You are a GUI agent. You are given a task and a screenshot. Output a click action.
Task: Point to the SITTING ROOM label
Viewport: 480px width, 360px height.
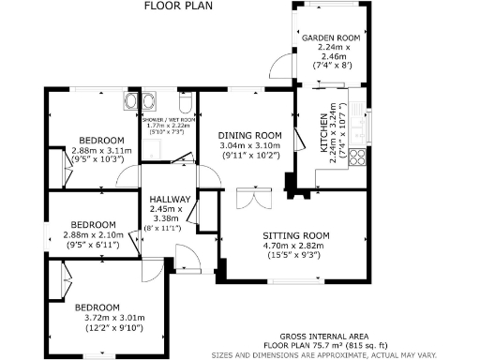295,235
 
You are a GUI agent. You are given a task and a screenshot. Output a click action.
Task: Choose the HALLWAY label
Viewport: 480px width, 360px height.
171,200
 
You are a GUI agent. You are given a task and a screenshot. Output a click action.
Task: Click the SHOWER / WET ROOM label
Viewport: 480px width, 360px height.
168,120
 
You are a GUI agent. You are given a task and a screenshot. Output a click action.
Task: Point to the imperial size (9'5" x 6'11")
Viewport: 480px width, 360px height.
90,244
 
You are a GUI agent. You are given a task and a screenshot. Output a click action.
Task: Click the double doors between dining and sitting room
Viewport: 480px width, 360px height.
248,199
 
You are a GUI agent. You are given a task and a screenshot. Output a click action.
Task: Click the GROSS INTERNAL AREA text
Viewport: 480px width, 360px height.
323,337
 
